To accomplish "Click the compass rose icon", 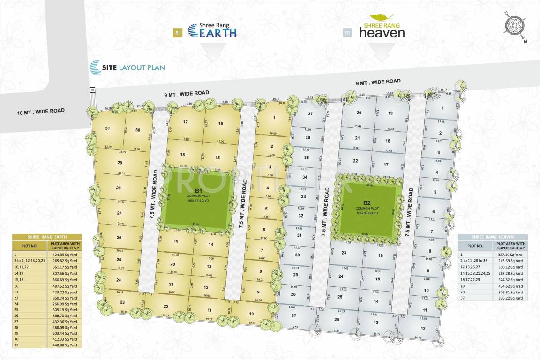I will (514, 25).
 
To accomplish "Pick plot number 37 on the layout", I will (310, 114).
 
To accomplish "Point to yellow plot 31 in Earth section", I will (108, 128).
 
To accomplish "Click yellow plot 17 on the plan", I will (186, 122).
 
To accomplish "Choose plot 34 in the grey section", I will (304, 177).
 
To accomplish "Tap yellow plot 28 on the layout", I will (119, 188).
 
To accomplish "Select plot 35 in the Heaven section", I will (307, 157).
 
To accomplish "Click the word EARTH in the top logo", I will (218, 33).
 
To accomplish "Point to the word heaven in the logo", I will (382, 33).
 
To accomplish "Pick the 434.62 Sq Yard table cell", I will (510, 286).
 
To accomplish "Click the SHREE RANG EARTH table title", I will (47, 237).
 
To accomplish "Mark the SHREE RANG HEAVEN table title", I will (493, 237).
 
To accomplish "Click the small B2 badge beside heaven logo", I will (347, 33).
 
